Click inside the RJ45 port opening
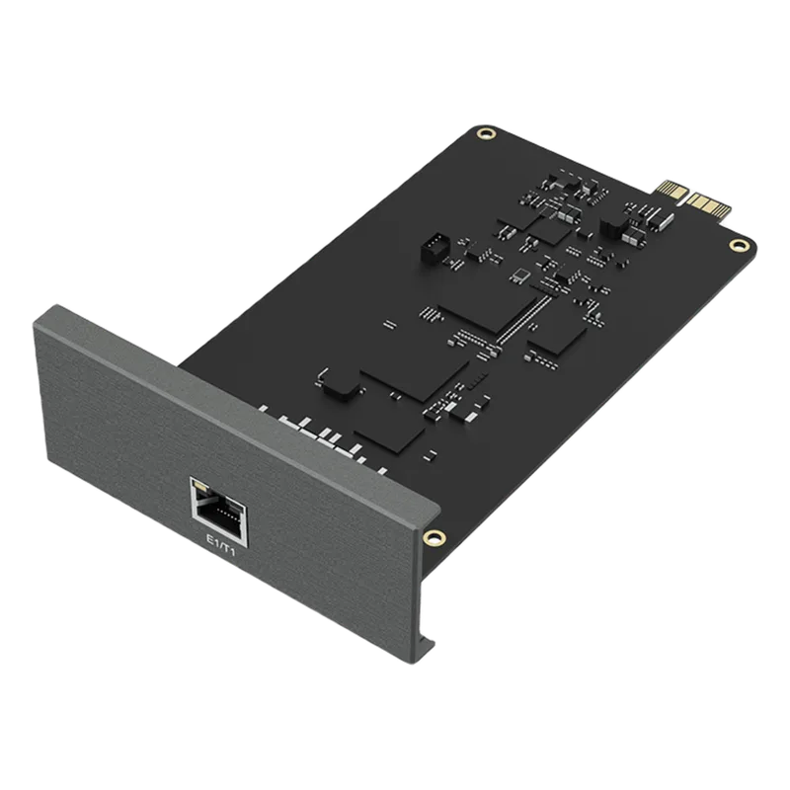[220, 515]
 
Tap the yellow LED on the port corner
[200, 487]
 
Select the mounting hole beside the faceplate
[434, 537]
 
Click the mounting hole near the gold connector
[739, 245]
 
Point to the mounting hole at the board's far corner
[486, 133]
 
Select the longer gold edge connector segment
[709, 205]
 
